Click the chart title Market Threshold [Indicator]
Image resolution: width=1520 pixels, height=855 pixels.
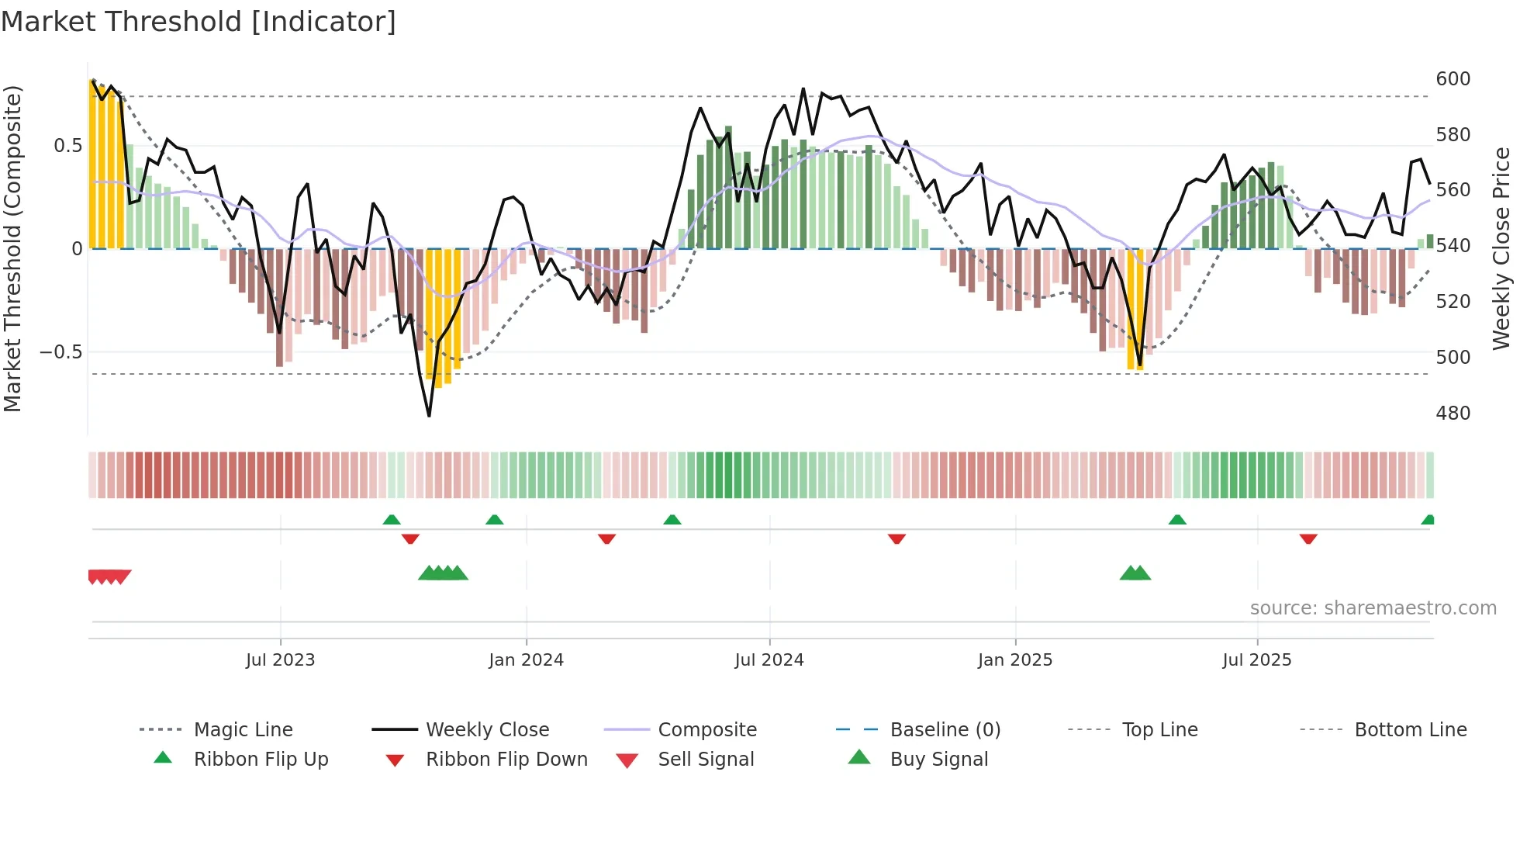pos(199,22)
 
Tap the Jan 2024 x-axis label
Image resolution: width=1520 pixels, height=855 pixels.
pos(526,660)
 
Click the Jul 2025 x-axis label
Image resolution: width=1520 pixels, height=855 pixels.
pos(1256,660)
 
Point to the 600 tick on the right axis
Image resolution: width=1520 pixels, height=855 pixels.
pos(1453,79)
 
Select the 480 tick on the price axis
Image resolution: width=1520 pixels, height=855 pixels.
pos(1453,414)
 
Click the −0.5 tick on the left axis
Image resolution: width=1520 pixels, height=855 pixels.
pos(60,352)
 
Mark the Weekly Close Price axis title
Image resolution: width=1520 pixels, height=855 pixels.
pos(1501,248)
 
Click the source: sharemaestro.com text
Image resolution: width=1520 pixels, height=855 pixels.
pos(1373,608)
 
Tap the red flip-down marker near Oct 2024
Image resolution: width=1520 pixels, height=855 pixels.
pos(896,538)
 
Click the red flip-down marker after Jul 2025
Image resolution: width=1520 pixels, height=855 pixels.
pos(1308,538)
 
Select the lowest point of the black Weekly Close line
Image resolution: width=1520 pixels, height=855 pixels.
pos(429,416)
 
